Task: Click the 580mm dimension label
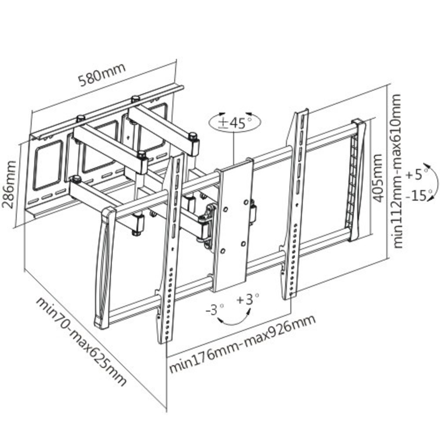(x=102, y=75)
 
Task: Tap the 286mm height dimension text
(x=8, y=184)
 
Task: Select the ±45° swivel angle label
(x=235, y=123)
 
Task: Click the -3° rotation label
(x=215, y=310)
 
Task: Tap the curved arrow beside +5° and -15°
(x=435, y=181)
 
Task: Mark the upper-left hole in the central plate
(x=225, y=209)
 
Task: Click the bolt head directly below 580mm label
(x=136, y=99)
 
